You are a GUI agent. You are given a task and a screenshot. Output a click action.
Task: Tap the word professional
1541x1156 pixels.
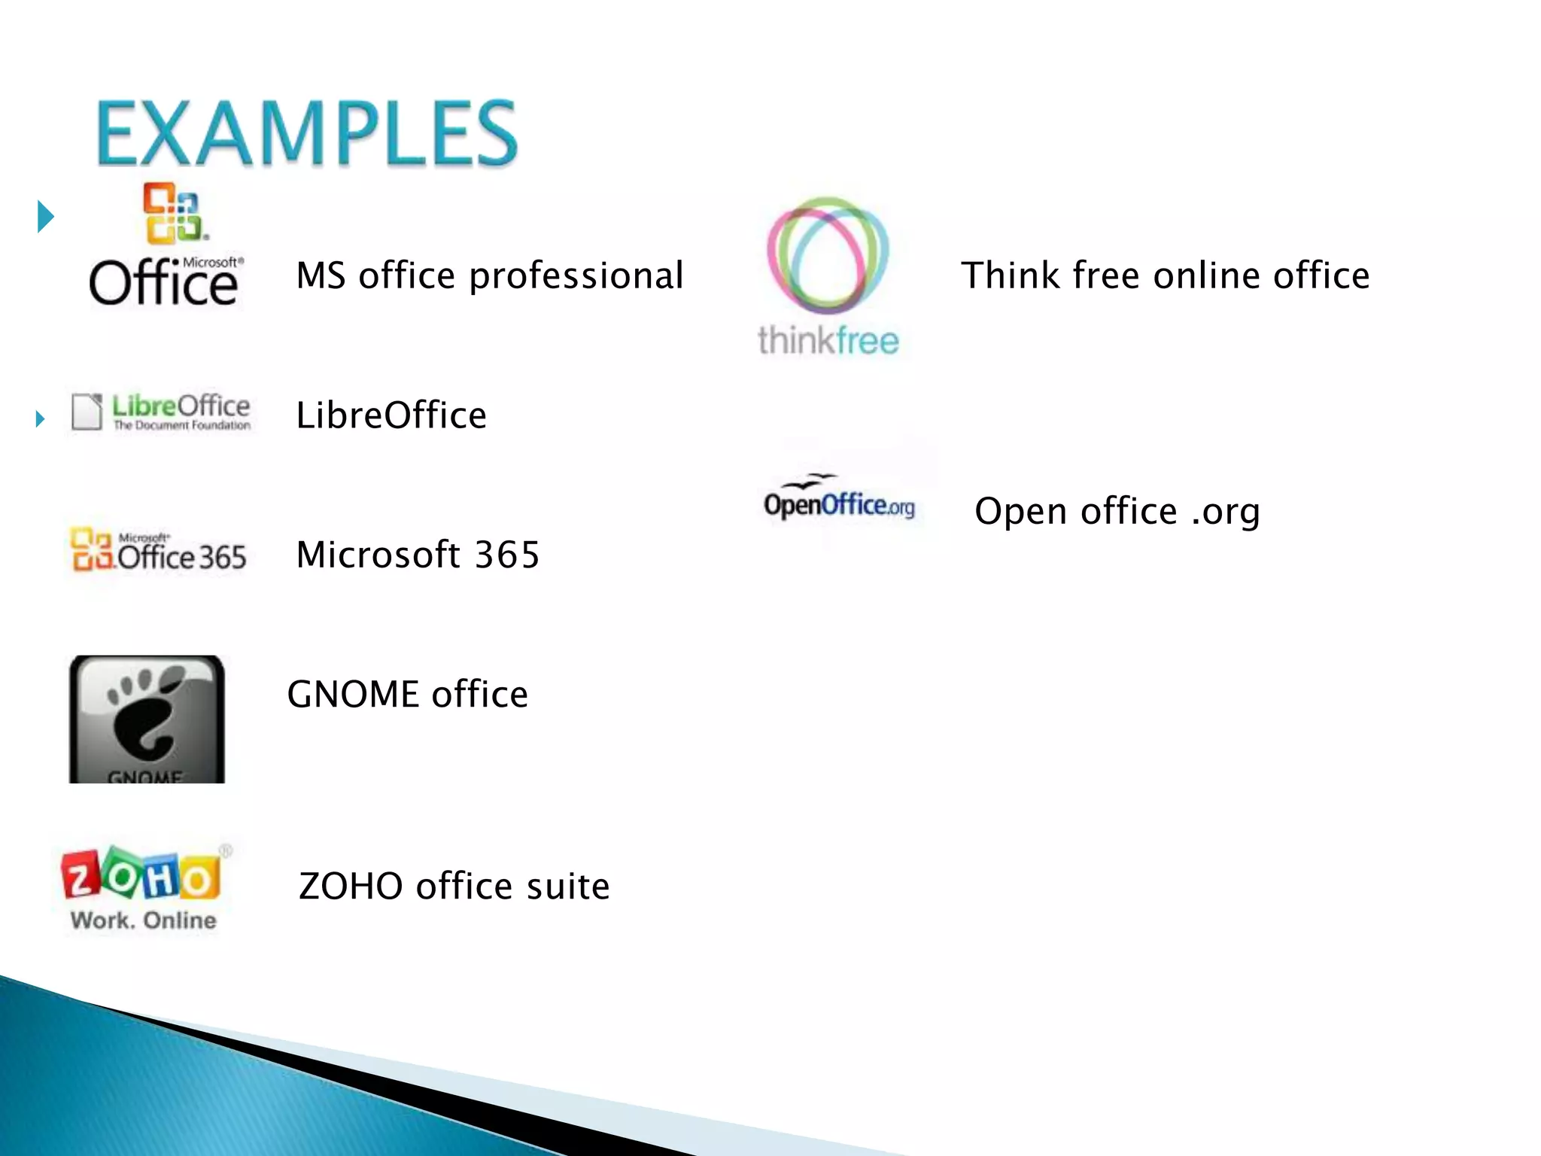pos(576,276)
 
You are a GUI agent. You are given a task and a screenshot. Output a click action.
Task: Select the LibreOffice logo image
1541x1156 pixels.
pos(161,412)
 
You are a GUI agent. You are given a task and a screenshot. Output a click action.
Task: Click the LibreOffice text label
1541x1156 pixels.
pos(391,415)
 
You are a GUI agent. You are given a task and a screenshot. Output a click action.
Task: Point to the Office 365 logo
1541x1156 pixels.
pos(158,550)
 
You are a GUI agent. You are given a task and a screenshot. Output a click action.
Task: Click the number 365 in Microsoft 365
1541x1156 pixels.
pos(507,555)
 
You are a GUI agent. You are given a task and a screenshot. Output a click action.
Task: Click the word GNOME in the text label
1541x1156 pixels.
pos(353,694)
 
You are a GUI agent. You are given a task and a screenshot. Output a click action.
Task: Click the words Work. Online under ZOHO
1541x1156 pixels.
pos(143,920)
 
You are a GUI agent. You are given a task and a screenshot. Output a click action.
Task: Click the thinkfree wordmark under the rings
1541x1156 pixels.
pos(828,341)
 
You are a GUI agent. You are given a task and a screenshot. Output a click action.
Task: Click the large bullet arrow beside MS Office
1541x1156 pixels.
pos(46,217)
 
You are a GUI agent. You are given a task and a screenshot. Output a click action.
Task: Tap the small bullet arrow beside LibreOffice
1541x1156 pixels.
pos(41,418)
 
